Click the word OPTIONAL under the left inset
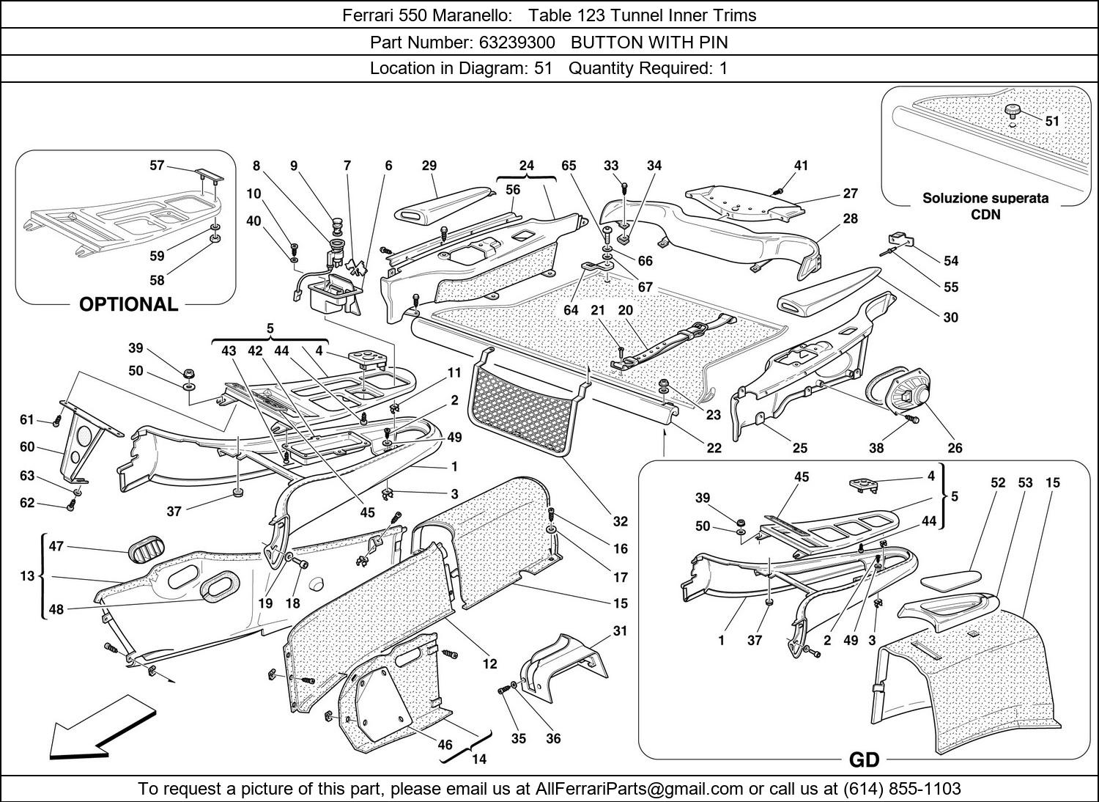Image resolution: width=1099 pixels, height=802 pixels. (x=128, y=304)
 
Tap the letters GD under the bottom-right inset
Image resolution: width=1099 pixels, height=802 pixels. (x=864, y=760)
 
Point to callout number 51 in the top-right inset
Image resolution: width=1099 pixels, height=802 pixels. (x=1052, y=121)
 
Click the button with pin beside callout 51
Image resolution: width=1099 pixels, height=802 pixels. (x=1014, y=111)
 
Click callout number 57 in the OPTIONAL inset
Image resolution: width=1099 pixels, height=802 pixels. (x=157, y=166)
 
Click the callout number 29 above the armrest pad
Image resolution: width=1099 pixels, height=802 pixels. (x=429, y=166)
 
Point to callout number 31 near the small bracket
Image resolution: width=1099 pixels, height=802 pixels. (x=620, y=630)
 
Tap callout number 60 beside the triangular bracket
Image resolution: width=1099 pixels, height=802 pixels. (x=27, y=446)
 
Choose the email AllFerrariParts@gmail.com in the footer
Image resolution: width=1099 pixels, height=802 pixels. (x=640, y=789)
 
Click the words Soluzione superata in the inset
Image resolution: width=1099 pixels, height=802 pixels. (x=985, y=198)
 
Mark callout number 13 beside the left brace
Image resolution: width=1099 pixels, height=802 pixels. (x=27, y=575)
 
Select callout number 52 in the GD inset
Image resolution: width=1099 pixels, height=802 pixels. (x=998, y=482)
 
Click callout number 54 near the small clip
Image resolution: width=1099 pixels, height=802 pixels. (x=951, y=261)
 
